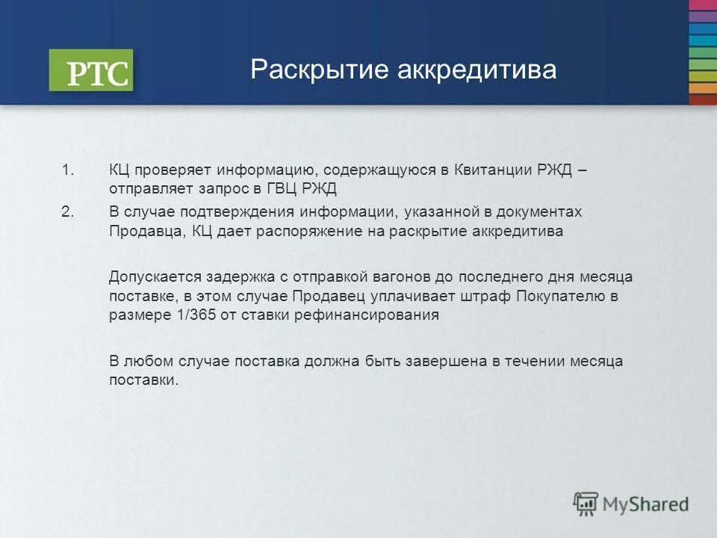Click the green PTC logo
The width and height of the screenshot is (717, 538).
pyautogui.click(x=91, y=70)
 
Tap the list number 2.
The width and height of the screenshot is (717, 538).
pyautogui.click(x=68, y=212)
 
